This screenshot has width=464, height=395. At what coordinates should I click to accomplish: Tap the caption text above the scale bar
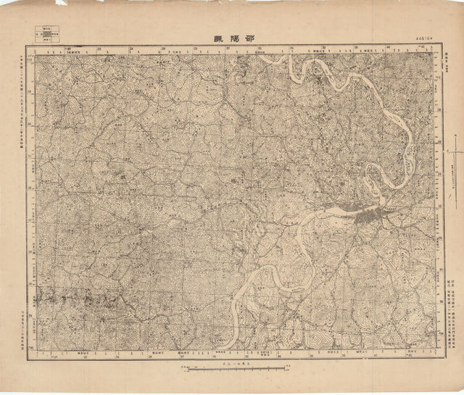(232, 361)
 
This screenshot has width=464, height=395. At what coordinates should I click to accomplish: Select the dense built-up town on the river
(370, 215)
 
